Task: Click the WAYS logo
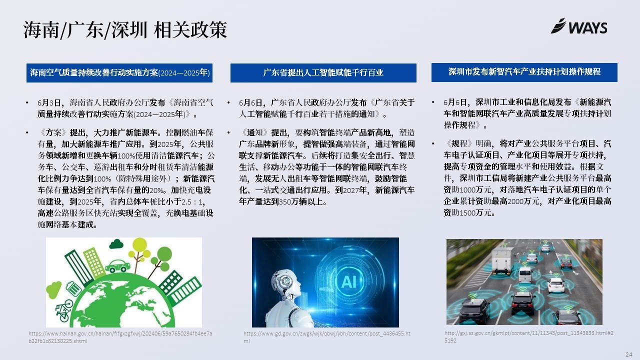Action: click(579, 26)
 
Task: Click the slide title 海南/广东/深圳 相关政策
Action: click(125, 30)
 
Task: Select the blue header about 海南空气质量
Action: click(119, 73)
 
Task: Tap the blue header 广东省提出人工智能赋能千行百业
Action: click(323, 73)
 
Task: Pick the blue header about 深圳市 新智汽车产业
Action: click(524, 72)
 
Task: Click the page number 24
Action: click(629, 354)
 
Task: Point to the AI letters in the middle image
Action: click(349, 282)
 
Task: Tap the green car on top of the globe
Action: click(117, 266)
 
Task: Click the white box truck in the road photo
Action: click(501, 261)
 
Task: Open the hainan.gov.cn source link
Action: click(120, 337)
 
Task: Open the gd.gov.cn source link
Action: click(327, 337)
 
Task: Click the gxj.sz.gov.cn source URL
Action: click(529, 336)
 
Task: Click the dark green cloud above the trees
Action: click(116, 244)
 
